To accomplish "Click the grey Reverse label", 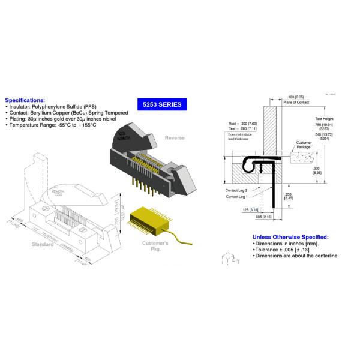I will point(175,137).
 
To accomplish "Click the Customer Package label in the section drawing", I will point(304,144).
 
